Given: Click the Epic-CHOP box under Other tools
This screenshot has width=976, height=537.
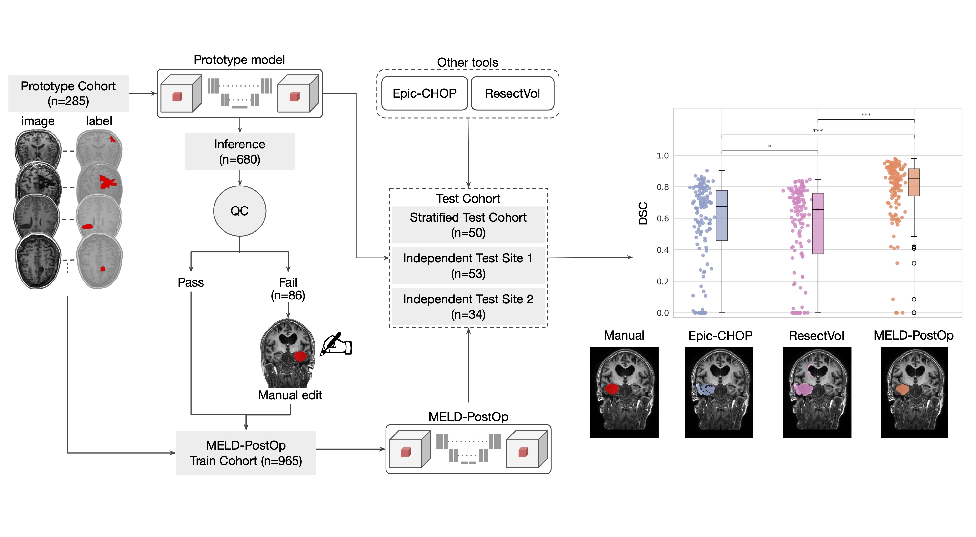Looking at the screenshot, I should point(424,93).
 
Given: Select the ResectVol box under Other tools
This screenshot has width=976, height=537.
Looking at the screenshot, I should point(512,93).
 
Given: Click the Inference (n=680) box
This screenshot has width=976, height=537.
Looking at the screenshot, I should point(239,152).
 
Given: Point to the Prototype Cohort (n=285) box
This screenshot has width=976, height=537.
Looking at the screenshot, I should point(68,93).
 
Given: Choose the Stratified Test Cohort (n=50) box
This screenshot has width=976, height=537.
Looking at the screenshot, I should point(468,225).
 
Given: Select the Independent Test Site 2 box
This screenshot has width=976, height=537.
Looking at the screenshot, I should point(468,307).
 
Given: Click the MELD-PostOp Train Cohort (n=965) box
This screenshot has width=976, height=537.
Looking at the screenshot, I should point(246,453).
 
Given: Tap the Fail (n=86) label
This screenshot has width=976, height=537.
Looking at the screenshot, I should point(288,289).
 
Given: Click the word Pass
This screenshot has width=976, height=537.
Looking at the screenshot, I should point(191,282).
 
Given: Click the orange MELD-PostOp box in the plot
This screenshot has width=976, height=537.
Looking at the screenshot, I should point(914,182).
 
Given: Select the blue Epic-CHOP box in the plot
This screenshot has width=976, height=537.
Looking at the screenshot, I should point(722,215).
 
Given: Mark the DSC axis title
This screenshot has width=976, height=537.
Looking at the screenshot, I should point(643,213).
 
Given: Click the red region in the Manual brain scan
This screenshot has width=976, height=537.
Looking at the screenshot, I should point(611,389).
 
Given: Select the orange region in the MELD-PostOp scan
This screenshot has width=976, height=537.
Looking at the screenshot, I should point(902,390).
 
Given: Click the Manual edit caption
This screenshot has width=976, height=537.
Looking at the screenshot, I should point(290,395).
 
